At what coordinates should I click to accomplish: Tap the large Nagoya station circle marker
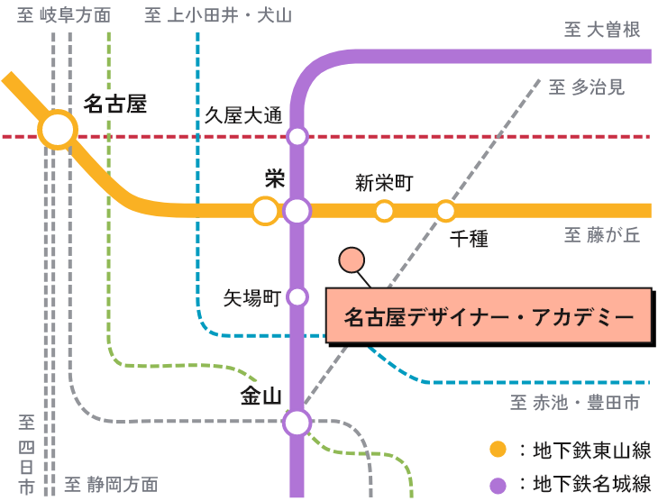(59, 131)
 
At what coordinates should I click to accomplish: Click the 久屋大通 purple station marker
(297, 137)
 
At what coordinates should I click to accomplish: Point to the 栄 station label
(275, 178)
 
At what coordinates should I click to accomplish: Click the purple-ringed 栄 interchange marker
(297, 211)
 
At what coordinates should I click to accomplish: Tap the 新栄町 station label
(384, 184)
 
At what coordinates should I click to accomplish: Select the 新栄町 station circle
(385, 211)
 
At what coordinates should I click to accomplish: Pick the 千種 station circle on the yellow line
(445, 211)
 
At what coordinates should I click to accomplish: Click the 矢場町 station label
(252, 298)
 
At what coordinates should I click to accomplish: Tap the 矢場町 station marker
(297, 296)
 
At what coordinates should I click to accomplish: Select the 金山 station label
(261, 396)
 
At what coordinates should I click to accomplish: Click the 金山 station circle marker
(297, 422)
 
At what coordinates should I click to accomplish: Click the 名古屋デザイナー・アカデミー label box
(488, 316)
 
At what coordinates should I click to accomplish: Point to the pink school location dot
(352, 261)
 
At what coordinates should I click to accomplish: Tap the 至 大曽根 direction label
(602, 31)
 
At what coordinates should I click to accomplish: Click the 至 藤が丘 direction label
(602, 236)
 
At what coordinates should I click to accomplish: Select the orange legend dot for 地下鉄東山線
(497, 450)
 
